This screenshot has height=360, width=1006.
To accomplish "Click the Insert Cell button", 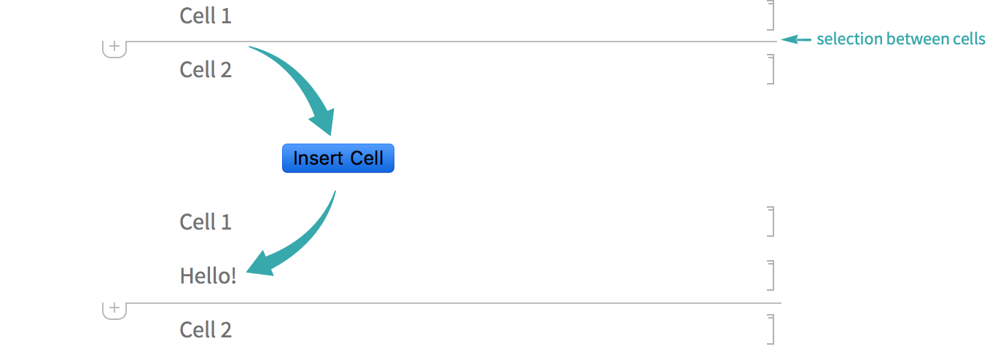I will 338,158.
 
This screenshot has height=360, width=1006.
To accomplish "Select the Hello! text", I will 208,275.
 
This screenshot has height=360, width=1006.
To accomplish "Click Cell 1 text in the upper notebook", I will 206,15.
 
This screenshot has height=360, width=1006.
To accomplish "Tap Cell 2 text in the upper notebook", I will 206,69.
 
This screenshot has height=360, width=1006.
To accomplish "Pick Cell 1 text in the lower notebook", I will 206,222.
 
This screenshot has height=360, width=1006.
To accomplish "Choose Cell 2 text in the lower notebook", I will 206,329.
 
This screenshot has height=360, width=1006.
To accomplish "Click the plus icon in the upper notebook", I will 114,47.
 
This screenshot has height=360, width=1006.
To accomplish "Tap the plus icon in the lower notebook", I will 114,308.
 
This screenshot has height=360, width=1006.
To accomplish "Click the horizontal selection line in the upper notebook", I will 437,42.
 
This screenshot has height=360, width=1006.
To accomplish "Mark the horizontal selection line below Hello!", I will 437,302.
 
